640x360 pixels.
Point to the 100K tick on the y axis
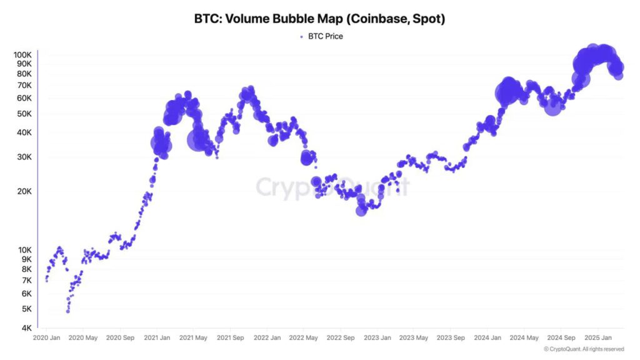(x=23, y=55)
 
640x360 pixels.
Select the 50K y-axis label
(x=24, y=114)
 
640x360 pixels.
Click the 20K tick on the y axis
(x=24, y=191)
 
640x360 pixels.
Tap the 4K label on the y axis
(x=26, y=327)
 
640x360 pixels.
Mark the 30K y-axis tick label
(x=24, y=157)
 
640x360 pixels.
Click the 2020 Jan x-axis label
(x=46, y=338)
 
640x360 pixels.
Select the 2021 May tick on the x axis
(x=194, y=338)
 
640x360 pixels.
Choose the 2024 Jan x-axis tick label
(x=488, y=338)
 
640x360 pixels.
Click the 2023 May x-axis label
(x=414, y=338)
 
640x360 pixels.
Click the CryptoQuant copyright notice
(x=584, y=349)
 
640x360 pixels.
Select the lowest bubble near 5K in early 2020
(x=67, y=310)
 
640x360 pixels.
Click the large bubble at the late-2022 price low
(x=361, y=211)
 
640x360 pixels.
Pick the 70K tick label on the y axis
(x=24, y=85)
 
